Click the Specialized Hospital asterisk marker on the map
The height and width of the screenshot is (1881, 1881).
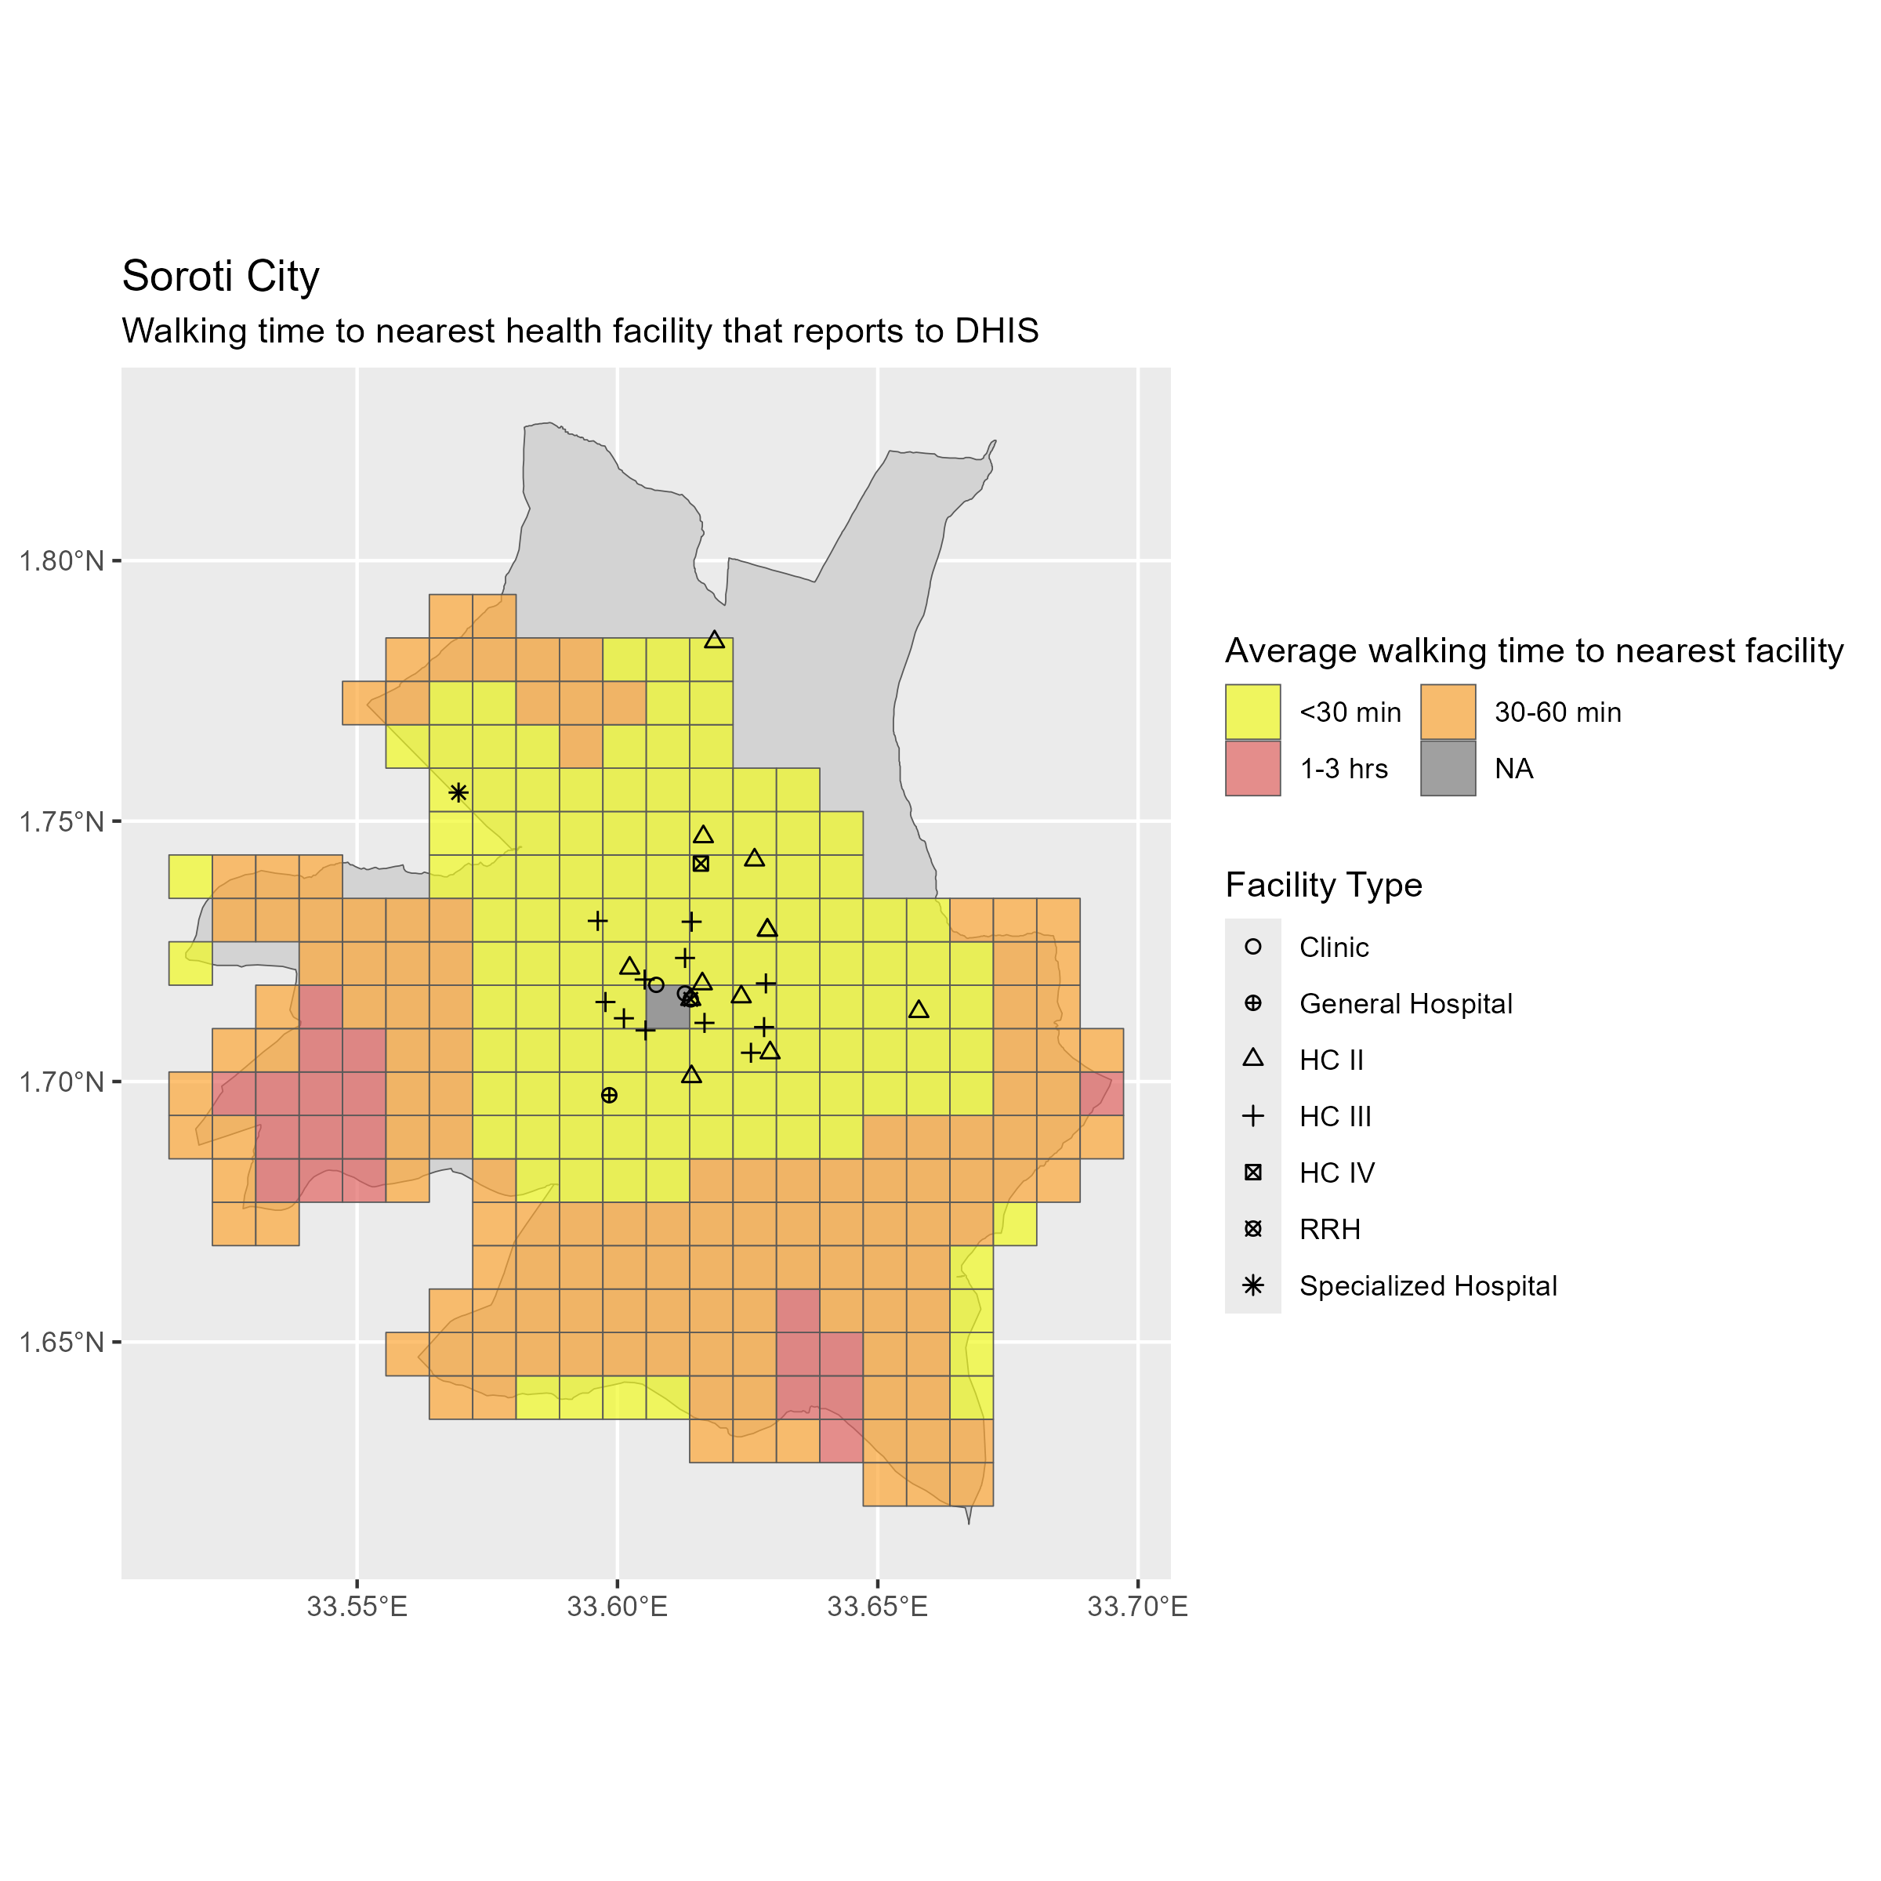click(x=458, y=792)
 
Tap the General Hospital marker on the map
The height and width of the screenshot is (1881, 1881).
click(x=610, y=1096)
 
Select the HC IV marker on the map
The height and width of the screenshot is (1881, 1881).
click(x=701, y=864)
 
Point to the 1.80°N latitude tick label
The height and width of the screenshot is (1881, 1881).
click(x=61, y=562)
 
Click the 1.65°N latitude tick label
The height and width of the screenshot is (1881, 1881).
click(x=61, y=1343)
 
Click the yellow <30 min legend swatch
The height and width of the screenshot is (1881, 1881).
click(x=1252, y=712)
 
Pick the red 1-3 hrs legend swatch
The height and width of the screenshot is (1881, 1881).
click(x=1252, y=768)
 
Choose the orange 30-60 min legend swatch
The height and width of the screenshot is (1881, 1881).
click(x=1448, y=712)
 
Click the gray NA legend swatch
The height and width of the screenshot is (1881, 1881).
click(x=1448, y=768)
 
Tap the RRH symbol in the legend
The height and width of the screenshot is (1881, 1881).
click(x=1253, y=1229)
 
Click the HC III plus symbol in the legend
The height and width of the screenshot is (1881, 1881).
click(x=1253, y=1116)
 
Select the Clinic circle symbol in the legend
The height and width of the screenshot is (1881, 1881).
click(x=1253, y=946)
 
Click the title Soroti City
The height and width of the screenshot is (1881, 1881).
click(x=220, y=277)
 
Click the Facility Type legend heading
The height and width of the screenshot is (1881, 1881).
click(x=1323, y=885)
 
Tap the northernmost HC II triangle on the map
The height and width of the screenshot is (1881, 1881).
click(x=715, y=640)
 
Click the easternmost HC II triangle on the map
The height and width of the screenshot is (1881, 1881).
click(x=919, y=1009)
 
